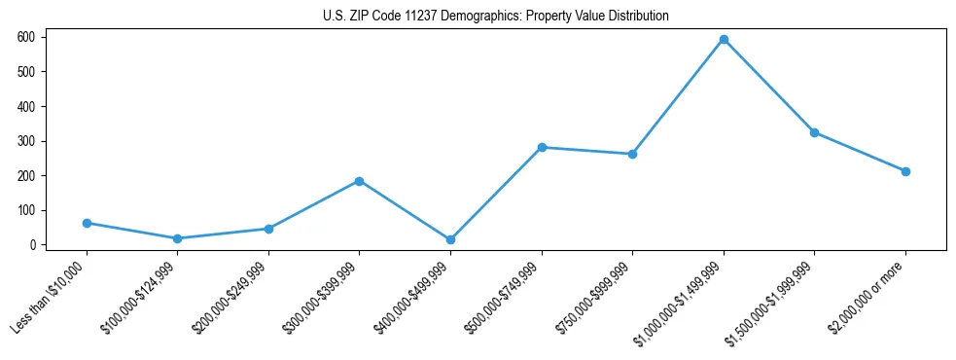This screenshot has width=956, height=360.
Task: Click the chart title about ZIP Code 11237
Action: click(x=496, y=17)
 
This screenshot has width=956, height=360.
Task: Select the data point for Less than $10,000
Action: click(x=87, y=223)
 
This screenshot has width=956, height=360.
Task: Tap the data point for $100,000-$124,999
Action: click(x=177, y=238)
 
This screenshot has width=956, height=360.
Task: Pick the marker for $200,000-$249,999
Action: click(x=268, y=229)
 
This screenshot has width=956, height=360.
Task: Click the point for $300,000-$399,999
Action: click(x=359, y=181)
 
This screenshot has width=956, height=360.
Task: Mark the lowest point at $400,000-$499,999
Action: click(x=450, y=239)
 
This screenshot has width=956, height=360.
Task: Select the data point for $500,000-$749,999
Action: click(x=542, y=147)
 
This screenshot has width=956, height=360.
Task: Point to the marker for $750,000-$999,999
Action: click(x=632, y=154)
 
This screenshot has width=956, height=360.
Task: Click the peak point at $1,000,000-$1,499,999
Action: click(x=724, y=39)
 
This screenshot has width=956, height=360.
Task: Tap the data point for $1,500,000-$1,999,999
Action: click(x=814, y=132)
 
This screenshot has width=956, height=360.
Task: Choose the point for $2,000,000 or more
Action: click(x=905, y=171)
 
